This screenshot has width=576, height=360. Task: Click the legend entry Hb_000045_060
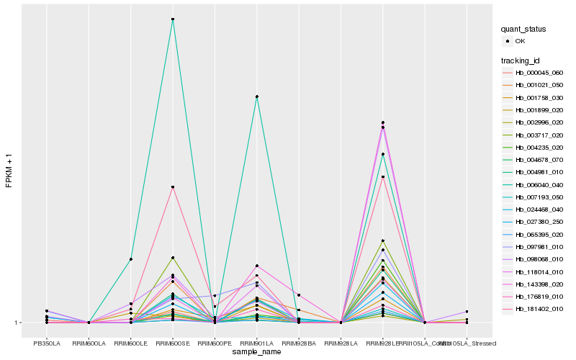pyautogui.click(x=533, y=73)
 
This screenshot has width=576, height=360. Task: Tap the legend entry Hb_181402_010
pyautogui.click(x=533, y=309)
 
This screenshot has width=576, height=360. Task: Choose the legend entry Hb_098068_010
pyautogui.click(x=533, y=259)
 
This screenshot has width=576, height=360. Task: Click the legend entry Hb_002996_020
pyautogui.click(x=533, y=122)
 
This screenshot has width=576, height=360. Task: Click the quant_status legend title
pyautogui.click(x=523, y=30)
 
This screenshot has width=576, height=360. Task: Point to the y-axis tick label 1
pyautogui.click(x=17, y=323)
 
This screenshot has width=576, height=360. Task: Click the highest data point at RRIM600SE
pyautogui.click(x=173, y=19)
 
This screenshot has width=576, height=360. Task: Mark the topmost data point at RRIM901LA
pyautogui.click(x=256, y=96)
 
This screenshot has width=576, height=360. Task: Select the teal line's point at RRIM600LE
pyautogui.click(x=131, y=259)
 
